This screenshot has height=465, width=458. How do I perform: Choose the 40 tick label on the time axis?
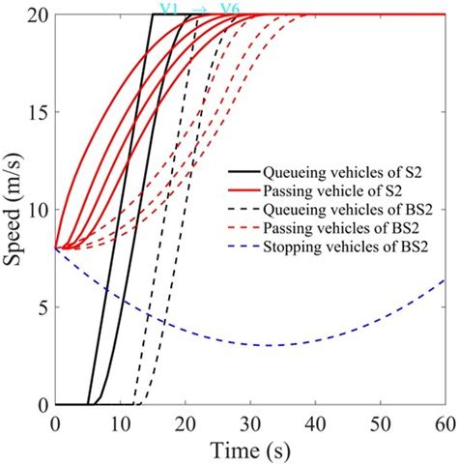coord(316,422)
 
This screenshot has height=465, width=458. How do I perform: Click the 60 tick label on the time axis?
coord(445,422)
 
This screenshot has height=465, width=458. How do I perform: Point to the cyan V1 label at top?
coord(169,9)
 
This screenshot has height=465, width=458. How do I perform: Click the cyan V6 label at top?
coord(230,9)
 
